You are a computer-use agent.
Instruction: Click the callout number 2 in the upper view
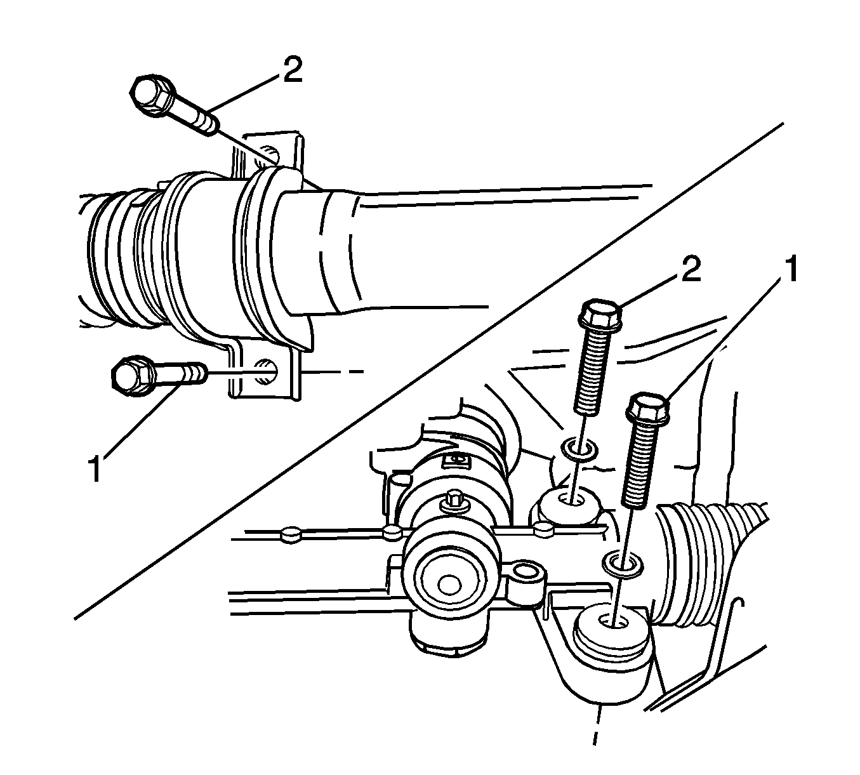tap(292, 69)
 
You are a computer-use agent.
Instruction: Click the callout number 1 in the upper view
tap(96, 469)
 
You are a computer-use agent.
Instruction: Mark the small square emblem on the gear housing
tap(456, 461)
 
